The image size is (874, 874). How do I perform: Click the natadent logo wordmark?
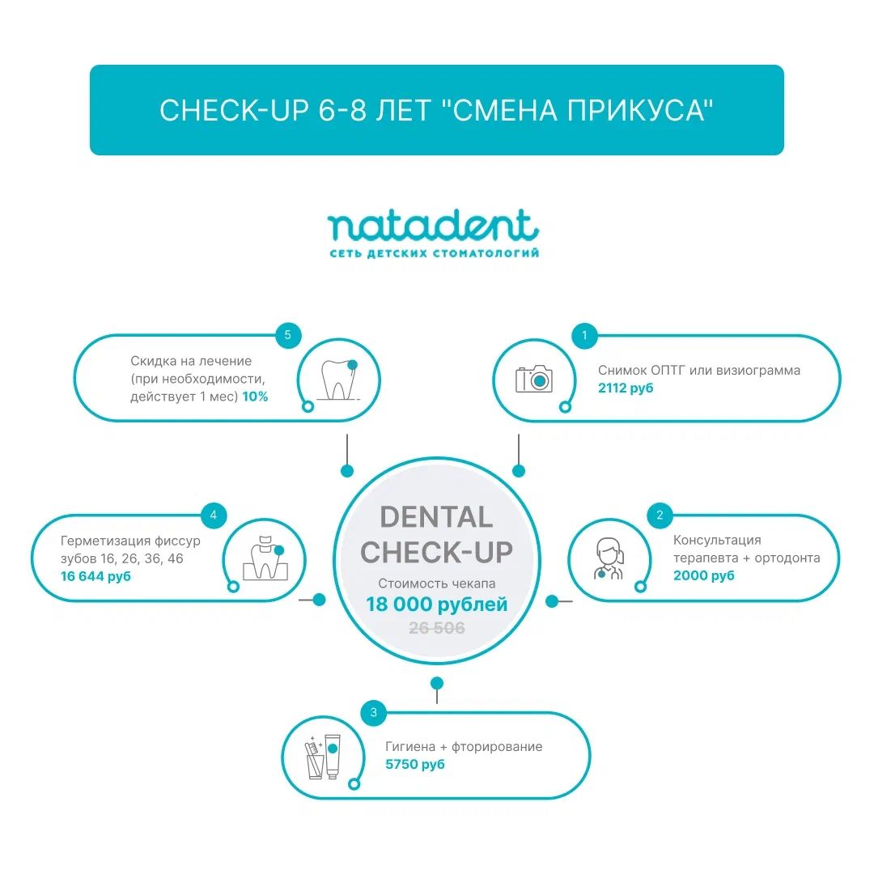[x=433, y=227]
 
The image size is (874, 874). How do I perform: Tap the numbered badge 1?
[x=584, y=336]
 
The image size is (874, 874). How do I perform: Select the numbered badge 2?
[x=660, y=515]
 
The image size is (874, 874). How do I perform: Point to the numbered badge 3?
[x=373, y=712]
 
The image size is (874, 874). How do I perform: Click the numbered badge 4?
[x=214, y=515]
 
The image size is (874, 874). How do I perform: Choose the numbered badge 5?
[x=287, y=335]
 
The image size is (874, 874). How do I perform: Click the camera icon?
[x=533, y=379]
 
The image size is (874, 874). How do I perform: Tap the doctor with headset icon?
[x=608, y=558]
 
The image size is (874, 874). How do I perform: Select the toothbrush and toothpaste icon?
[x=323, y=757]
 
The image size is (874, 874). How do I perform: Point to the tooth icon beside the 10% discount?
[x=337, y=380]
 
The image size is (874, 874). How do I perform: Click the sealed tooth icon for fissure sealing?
[x=265, y=558]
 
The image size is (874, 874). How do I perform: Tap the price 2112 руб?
[x=626, y=388]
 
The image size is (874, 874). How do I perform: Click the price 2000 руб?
[x=703, y=576]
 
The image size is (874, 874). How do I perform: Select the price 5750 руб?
[x=414, y=764]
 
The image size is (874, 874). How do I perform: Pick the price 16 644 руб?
[x=95, y=576]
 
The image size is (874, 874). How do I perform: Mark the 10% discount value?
[x=255, y=397]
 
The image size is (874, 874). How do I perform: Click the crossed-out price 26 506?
[x=436, y=628]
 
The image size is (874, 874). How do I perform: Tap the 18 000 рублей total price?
[x=436, y=605]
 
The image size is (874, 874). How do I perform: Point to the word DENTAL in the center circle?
[x=436, y=517]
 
